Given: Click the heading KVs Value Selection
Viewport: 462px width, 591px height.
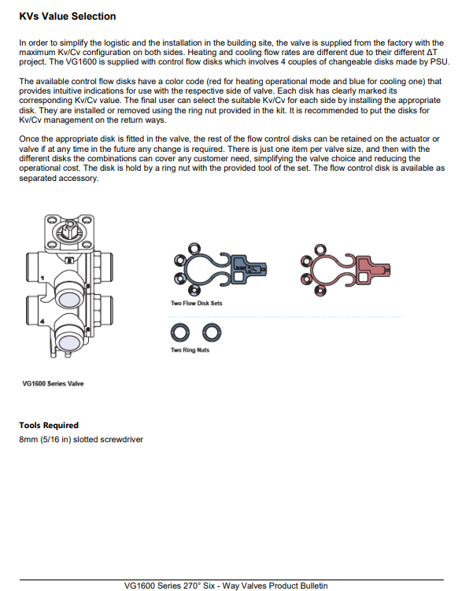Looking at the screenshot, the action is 68,17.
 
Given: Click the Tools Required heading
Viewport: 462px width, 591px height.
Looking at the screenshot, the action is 49,425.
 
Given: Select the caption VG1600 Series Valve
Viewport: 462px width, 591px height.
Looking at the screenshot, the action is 54,384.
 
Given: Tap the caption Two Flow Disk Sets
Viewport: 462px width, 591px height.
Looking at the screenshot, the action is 196,303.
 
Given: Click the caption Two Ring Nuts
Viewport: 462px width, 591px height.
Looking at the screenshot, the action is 190,349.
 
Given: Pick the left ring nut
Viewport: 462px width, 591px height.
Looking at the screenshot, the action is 180,332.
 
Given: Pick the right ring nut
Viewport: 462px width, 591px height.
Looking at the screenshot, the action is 212,332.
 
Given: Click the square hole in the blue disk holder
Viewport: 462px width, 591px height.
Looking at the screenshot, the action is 238,276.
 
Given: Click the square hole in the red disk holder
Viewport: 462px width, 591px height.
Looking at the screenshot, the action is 363,277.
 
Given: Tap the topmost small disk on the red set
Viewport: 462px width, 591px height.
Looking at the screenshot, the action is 320,250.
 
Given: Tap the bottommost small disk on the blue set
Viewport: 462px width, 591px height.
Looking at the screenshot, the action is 194,290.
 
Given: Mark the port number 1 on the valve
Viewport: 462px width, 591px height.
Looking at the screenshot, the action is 43,278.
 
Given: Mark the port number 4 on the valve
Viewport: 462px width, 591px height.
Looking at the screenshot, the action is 43,321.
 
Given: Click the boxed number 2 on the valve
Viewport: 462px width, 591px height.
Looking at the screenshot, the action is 69,260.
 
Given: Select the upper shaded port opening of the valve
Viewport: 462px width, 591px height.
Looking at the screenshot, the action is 69,299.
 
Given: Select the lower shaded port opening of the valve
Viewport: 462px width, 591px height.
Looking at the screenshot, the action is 69,342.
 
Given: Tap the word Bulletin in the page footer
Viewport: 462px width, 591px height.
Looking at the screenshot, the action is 312,585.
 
